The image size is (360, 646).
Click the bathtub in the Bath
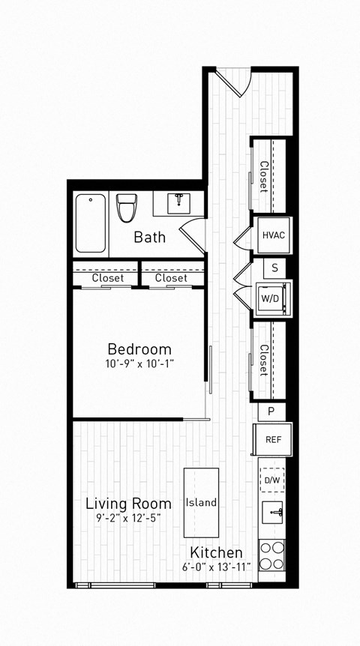[x=91, y=223]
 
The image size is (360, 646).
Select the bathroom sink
[x=178, y=202]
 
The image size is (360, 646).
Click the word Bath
[x=150, y=238]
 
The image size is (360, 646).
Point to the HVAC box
[x=273, y=235]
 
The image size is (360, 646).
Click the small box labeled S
[x=275, y=268]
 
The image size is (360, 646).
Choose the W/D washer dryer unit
[x=270, y=297]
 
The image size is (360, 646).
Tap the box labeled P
[x=271, y=411]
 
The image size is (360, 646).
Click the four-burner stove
[x=272, y=555]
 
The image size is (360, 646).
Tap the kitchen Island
[x=202, y=502]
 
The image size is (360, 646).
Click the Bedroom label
[x=139, y=349]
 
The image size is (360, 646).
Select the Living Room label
[x=128, y=503]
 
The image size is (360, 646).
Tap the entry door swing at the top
[x=234, y=80]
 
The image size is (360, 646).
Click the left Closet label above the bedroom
[x=108, y=278]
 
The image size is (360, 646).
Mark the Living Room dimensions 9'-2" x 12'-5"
[x=128, y=517]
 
